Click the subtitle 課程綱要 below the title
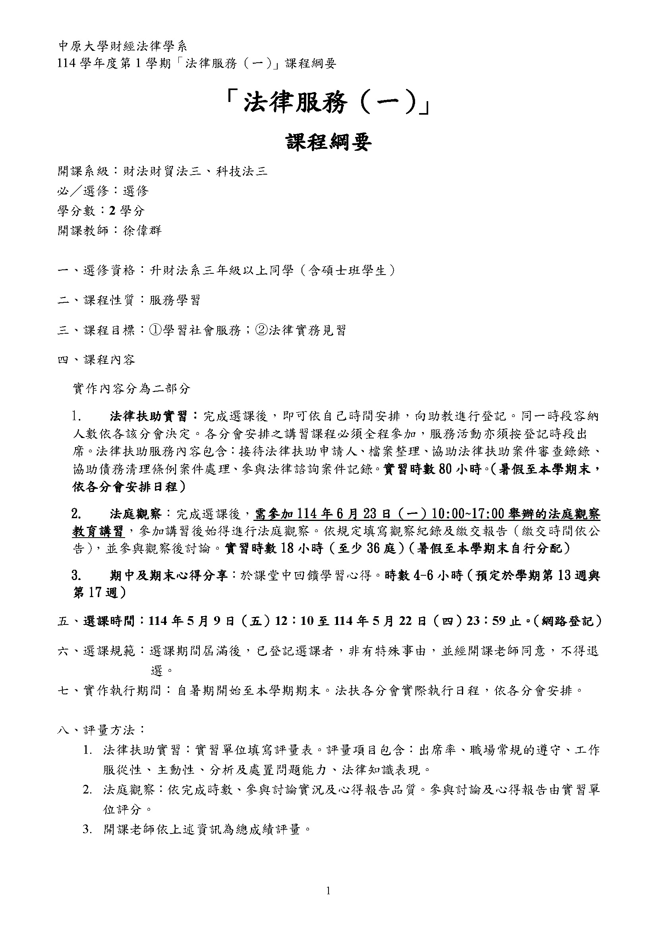click(328, 142)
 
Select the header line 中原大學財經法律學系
click(123, 46)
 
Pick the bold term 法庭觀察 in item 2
click(135, 514)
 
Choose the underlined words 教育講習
click(98, 531)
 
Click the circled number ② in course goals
click(261, 330)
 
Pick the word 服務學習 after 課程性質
click(174, 300)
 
